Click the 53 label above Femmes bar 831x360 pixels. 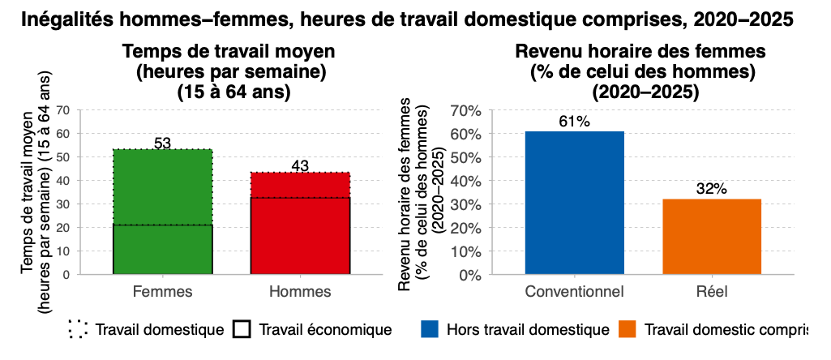pos(162,144)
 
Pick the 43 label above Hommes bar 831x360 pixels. pos(300,166)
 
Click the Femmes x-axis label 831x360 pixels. pos(162,291)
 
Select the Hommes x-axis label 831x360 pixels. pos(300,291)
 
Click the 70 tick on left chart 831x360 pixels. pos(64,109)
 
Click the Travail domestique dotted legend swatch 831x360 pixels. pos(79,329)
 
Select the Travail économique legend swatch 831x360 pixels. pos(241,329)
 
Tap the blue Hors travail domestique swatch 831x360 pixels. pos(430,329)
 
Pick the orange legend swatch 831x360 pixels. pos(627,329)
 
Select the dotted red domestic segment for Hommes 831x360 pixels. pos(300,185)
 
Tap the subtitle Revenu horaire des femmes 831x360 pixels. pos(640,52)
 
